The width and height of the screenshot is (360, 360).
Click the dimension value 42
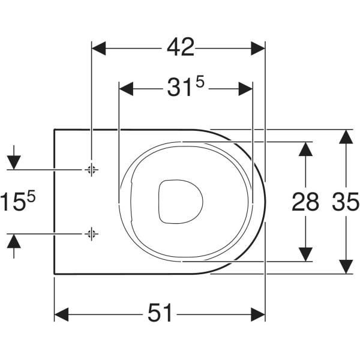[x=181, y=47]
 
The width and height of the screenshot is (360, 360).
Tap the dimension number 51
[x=160, y=313]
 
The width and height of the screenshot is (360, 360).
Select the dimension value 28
[x=305, y=202]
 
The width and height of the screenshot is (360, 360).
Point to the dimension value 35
[x=346, y=202]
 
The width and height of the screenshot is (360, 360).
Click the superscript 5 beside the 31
[x=200, y=82]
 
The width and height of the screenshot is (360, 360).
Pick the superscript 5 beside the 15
[x=31, y=196]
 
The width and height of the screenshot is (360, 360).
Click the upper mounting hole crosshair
[x=92, y=170]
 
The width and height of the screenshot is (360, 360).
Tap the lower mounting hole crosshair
[x=92, y=234]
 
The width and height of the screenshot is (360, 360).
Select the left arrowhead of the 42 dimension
[x=99, y=49]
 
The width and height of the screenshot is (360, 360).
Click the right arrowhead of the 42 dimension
[x=258, y=49]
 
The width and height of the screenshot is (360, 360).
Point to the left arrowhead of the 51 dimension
[x=62, y=314]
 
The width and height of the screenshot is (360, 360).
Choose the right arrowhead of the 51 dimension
[x=258, y=314]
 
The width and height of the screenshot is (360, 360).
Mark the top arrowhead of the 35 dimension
[x=346, y=137]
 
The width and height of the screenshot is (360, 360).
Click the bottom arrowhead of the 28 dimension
[x=305, y=254]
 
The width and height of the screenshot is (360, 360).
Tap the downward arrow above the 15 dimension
[x=14, y=158]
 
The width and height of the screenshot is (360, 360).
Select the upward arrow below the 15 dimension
[x=14, y=246]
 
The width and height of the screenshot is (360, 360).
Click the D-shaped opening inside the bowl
[x=181, y=202]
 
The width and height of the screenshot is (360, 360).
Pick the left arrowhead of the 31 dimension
[x=126, y=89]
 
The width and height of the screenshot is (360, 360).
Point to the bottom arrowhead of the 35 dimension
[x=346, y=266]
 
